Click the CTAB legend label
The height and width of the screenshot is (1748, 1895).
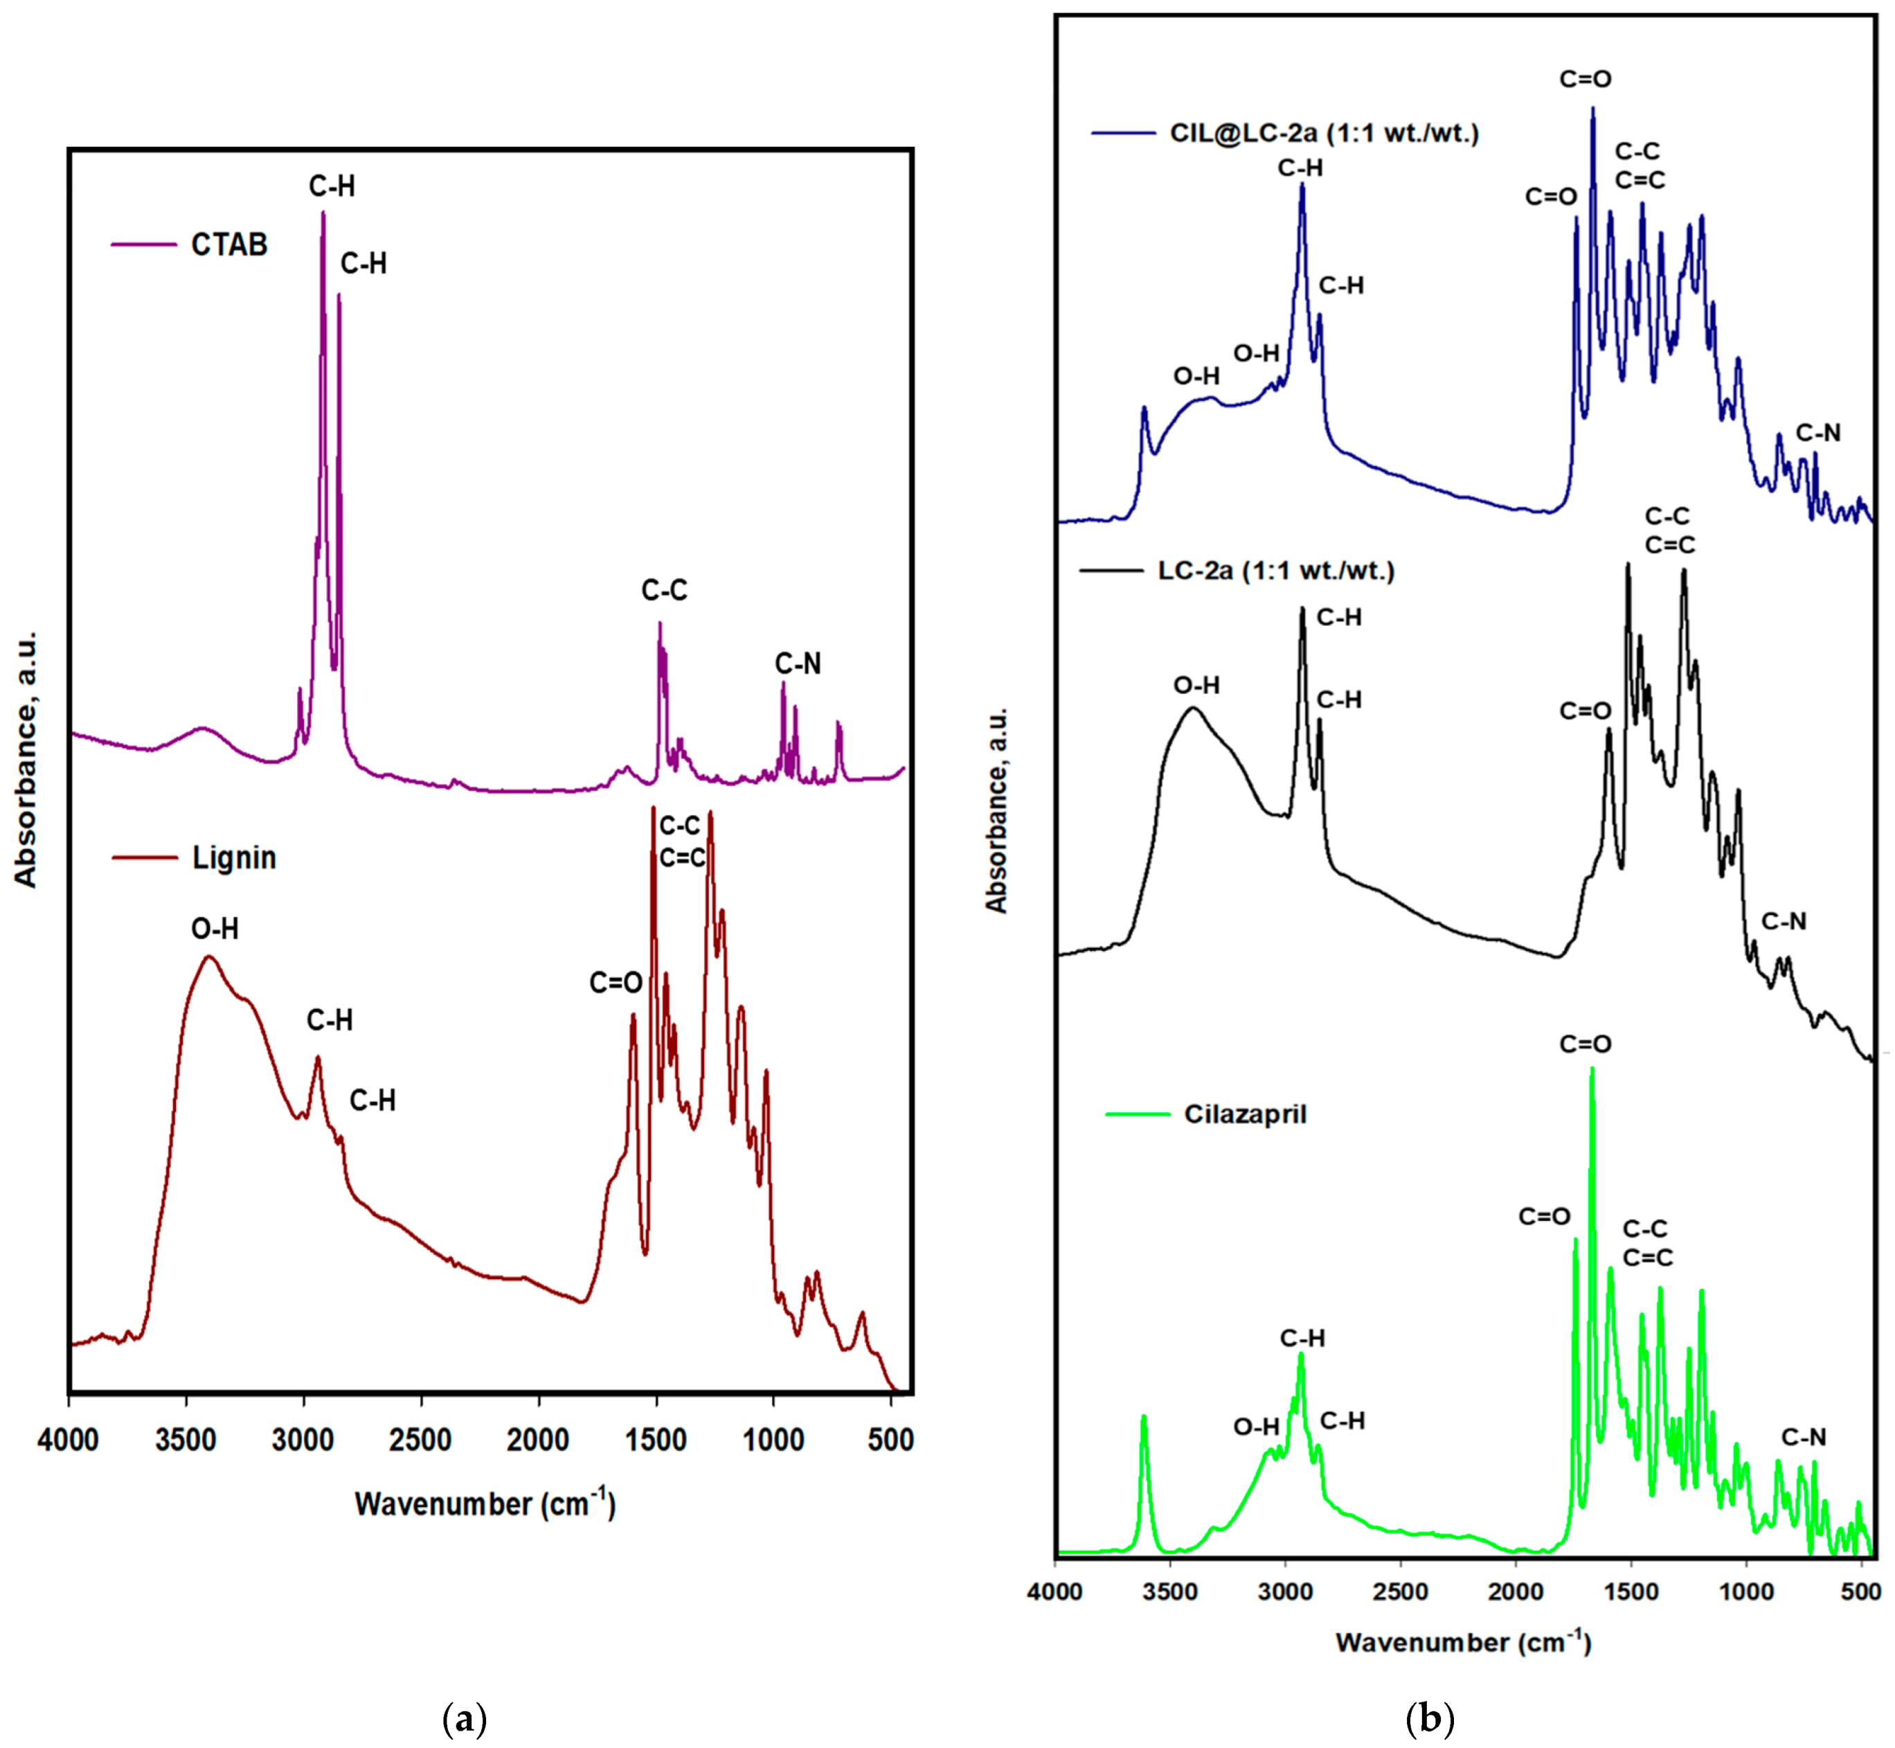point(229,245)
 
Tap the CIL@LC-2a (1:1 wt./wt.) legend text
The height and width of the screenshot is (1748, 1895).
point(1324,134)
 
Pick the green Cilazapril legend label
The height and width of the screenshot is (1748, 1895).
point(1246,1114)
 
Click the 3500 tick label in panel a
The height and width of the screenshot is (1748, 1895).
point(186,1441)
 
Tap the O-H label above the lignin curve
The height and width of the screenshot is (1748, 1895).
point(215,929)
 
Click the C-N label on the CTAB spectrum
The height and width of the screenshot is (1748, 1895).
point(798,664)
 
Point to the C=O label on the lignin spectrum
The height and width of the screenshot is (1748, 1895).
point(616,983)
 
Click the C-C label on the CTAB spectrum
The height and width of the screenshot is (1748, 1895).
point(664,590)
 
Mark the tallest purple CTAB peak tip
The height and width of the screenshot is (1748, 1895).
point(323,214)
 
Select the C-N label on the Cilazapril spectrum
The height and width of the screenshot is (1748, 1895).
point(1804,1438)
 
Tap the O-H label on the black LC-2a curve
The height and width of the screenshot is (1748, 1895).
point(1196,685)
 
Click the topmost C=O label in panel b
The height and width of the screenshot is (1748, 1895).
point(1585,80)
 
